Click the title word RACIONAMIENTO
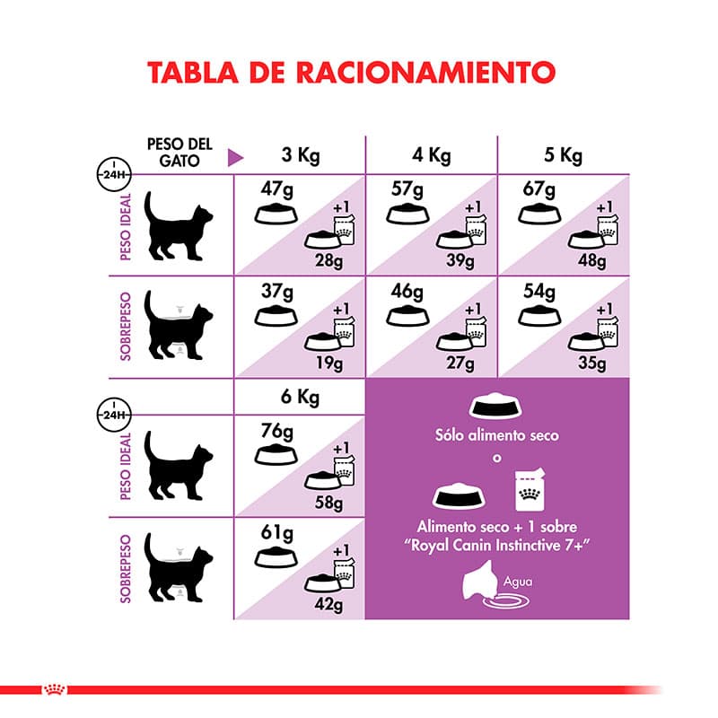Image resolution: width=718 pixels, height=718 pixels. tap(425, 73)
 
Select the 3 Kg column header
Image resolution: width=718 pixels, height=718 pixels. tap(301, 155)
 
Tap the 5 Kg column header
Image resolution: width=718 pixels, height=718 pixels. tap(564, 155)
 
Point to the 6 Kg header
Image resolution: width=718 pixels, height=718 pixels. tap(300, 397)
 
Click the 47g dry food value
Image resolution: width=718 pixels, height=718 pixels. tap(277, 189)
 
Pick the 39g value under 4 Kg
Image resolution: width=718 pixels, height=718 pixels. tap(460, 260)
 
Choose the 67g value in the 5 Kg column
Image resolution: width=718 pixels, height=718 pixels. tap(539, 189)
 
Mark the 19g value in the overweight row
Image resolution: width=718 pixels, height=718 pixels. tap(329, 363)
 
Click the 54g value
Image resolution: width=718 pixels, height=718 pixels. tap(539, 291)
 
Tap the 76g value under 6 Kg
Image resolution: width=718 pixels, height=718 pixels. tap(277, 431)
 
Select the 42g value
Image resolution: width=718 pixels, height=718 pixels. tap(328, 604)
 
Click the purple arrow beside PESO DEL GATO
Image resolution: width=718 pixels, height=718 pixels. tap(235, 158)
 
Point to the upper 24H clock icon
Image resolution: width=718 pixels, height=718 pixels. tap(114, 174)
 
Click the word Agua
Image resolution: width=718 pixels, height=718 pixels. tap(518, 582)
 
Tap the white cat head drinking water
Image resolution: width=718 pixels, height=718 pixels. tap(479, 581)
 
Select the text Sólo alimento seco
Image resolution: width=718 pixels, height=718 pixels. tap(497, 435)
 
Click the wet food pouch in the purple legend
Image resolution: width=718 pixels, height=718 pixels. tap(530, 489)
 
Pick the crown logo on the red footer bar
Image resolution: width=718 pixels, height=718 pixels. tap(55, 688)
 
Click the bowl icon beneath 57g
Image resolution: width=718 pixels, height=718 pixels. tap(407, 215)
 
